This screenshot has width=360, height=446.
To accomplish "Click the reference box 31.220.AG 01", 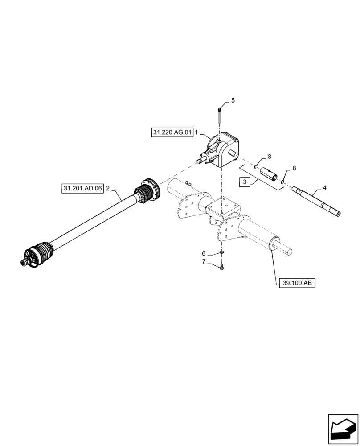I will (172, 133).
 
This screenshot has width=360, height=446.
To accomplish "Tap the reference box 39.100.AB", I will (297, 282).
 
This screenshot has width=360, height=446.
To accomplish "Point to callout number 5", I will (233, 101).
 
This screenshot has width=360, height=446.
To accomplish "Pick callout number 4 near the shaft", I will (324, 188).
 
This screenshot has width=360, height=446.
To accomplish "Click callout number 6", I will (204, 253).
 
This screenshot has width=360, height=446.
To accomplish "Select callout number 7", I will (204, 262).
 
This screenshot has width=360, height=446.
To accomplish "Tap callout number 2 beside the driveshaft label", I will (108, 189).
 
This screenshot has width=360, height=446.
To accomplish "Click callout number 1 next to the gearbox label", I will (196, 133).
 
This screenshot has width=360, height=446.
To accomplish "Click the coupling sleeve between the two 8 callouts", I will (270, 173).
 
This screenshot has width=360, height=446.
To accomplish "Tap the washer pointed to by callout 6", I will (221, 253).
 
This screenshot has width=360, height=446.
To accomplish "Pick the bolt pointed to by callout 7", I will (222, 267).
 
